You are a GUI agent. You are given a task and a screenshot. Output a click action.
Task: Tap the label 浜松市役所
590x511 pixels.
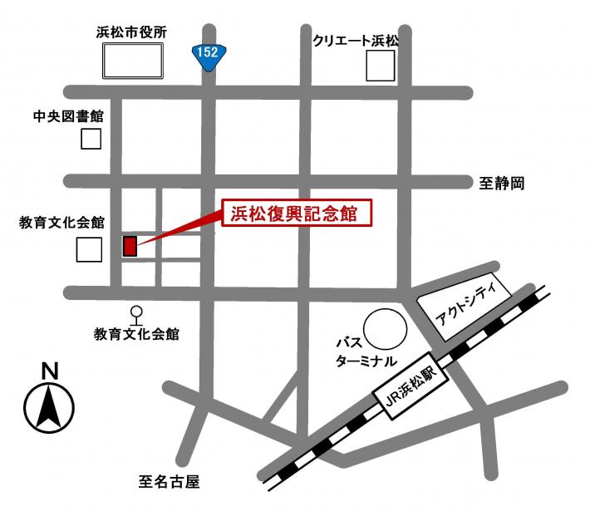pyautogui.click(x=131, y=32)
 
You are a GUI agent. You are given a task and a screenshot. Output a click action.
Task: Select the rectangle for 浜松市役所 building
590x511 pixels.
pyautogui.click(x=132, y=61)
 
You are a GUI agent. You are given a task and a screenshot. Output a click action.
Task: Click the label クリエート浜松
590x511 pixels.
pyautogui.click(x=356, y=40)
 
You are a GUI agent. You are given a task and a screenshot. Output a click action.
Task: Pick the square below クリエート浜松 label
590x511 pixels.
pyautogui.click(x=381, y=66)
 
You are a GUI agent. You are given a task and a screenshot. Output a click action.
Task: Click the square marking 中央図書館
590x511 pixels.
pyautogui.click(x=91, y=139)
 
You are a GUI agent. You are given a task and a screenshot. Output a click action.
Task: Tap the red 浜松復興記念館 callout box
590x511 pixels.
pyautogui.click(x=295, y=213)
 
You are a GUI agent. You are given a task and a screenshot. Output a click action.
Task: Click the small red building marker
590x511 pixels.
pyautogui.click(x=130, y=246)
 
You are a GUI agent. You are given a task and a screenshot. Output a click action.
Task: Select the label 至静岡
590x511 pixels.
pyautogui.click(x=503, y=183)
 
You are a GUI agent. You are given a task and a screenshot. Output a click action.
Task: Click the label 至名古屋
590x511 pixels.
pyautogui.click(x=170, y=481)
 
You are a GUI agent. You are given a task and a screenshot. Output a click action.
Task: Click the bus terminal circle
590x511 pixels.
pyautogui.click(x=386, y=330)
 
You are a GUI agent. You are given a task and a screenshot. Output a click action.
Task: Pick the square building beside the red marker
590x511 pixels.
pyautogui.click(x=89, y=248)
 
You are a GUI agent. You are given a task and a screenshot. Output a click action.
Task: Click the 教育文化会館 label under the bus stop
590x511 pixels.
pyautogui.click(x=136, y=335)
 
